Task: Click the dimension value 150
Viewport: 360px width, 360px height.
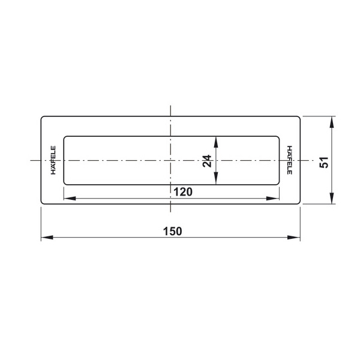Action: coord(172,231)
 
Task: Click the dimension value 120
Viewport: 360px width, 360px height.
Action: coord(183,192)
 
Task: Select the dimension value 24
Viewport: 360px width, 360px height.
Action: coord(207,161)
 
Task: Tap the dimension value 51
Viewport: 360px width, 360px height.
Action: coord(324,163)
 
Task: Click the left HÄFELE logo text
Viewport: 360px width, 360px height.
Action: coord(53,160)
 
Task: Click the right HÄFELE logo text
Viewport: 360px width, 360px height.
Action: coord(290,160)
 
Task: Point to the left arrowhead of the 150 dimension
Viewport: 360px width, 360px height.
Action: coord(47,238)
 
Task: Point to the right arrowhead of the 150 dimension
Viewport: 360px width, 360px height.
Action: coord(294,238)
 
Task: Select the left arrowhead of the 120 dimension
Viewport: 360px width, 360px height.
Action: coord(70,199)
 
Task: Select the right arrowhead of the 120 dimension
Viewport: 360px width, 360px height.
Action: coord(273,199)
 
